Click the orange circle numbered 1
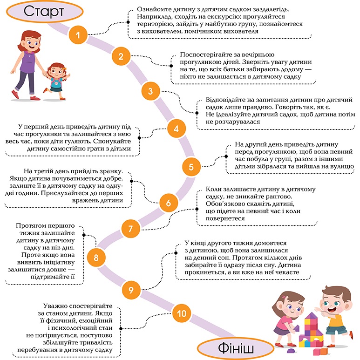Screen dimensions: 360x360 78,34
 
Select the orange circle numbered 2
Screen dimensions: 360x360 121,57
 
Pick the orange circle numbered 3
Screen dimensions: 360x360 150,91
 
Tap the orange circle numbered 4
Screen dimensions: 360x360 176,128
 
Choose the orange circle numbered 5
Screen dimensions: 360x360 190,165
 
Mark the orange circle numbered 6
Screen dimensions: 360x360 169,203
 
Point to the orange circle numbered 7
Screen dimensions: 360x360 131,229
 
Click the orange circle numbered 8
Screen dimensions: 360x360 96,257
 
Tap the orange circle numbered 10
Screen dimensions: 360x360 180,312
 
